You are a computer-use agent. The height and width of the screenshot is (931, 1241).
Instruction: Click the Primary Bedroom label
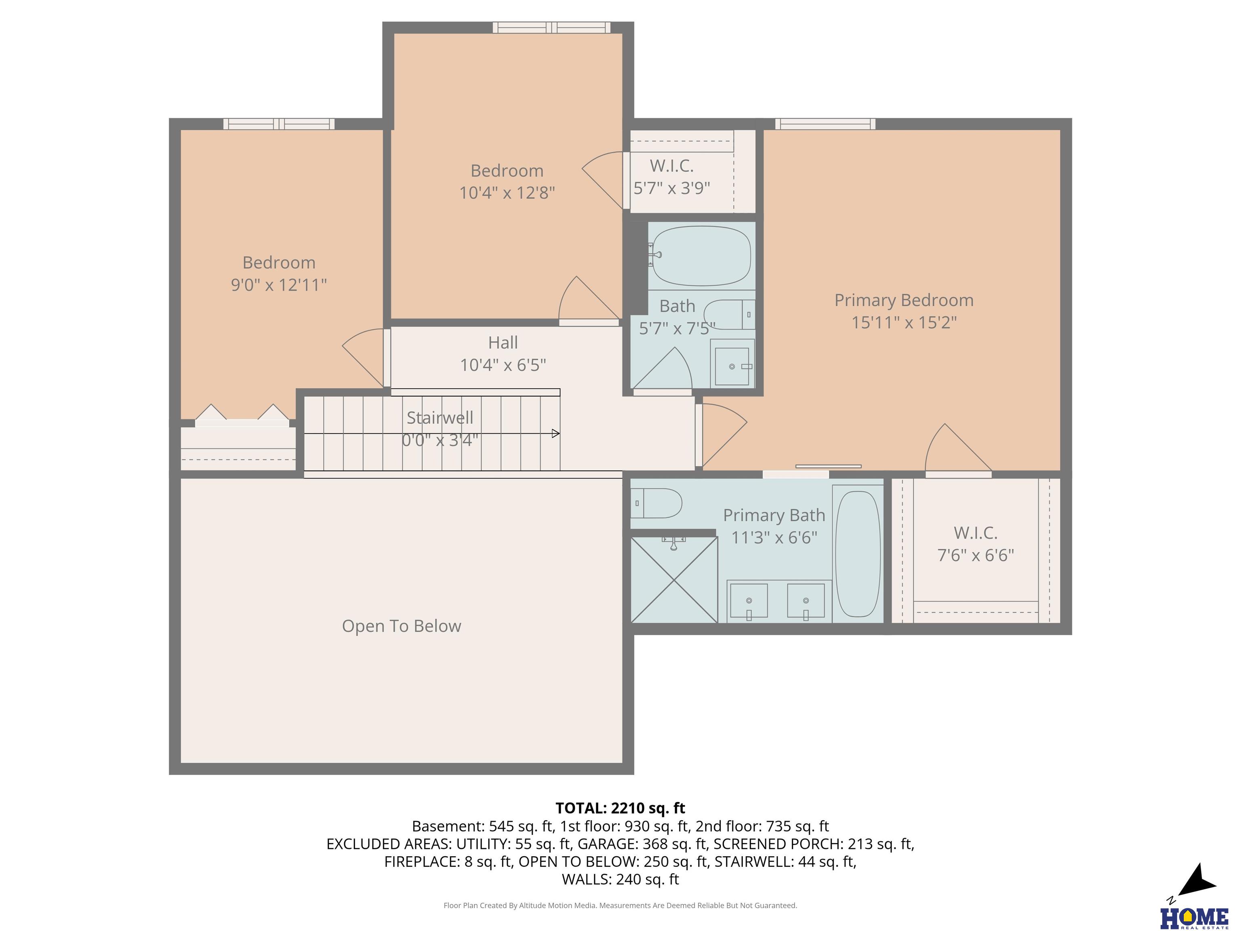click(x=904, y=300)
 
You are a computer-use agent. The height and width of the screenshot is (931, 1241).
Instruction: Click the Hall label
click(x=503, y=342)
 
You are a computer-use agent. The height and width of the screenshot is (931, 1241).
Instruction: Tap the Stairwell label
click(x=440, y=417)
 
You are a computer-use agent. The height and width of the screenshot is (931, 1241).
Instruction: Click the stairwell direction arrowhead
click(x=556, y=433)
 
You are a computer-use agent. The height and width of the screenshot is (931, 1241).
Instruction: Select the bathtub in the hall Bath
click(x=702, y=256)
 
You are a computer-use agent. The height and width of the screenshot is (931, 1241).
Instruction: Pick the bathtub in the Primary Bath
click(x=858, y=554)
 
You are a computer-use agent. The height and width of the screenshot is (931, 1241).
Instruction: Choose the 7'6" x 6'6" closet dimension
click(x=976, y=556)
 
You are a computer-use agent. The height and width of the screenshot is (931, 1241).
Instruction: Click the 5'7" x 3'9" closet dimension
click(x=671, y=188)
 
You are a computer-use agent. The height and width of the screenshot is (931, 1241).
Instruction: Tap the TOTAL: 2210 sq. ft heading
click(x=620, y=808)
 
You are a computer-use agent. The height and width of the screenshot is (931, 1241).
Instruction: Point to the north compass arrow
click(x=1196, y=882)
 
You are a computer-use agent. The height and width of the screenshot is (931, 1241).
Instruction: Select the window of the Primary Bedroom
click(x=825, y=124)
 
